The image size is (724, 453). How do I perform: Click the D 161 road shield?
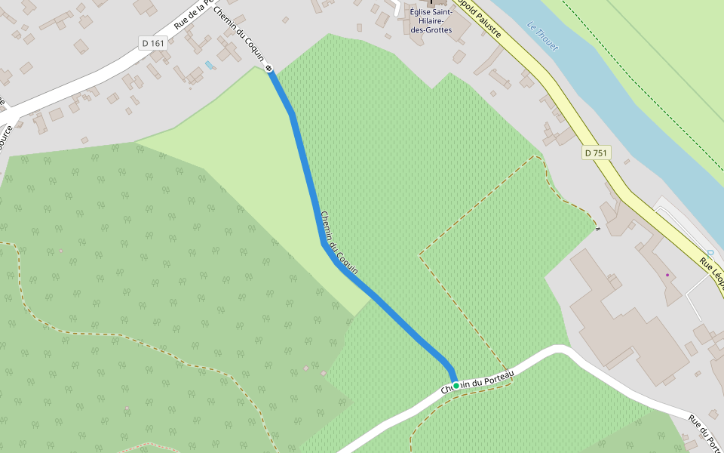(152, 43)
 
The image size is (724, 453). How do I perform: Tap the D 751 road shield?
(596, 153)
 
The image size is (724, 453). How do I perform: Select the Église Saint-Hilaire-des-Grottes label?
(431, 21)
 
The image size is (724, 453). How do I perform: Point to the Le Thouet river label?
(543, 36)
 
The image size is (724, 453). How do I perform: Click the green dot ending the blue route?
(456, 385)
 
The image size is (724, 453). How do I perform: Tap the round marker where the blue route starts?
(269, 69)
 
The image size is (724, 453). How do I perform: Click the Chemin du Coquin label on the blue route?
(339, 242)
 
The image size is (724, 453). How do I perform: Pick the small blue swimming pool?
(209, 65)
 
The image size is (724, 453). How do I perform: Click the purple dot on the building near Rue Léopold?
(667, 275)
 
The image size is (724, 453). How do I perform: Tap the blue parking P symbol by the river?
(710, 253)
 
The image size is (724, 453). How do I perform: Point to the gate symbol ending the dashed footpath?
(597, 228)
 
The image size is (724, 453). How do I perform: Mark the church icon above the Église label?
(432, 3)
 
